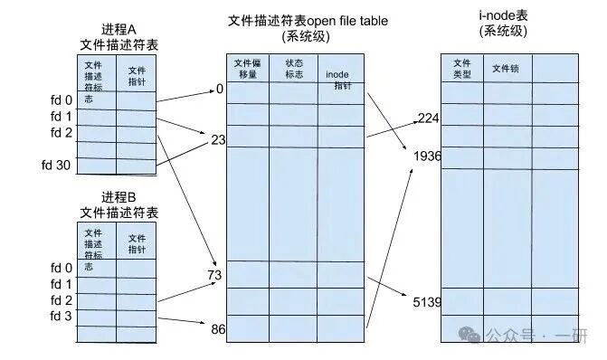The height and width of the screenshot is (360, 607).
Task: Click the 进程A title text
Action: pyautogui.click(x=119, y=28)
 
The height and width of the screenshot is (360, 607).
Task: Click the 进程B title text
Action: pyautogui.click(x=119, y=197)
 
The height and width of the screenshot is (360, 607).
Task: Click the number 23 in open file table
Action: pyautogui.click(x=216, y=140)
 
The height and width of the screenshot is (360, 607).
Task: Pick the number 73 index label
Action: pyautogui.click(x=215, y=273)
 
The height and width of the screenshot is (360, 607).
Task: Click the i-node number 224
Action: pyautogui.click(x=428, y=118)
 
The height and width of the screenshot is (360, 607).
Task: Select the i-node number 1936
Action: pyautogui.click(x=426, y=156)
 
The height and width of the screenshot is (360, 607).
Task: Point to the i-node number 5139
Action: pyautogui.click(x=426, y=302)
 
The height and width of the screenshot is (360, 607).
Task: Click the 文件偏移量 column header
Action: pyautogui.click(x=247, y=69)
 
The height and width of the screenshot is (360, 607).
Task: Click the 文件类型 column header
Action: pyautogui.click(x=461, y=69)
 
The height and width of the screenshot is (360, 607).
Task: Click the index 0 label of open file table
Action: pyautogui.click(x=219, y=89)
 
